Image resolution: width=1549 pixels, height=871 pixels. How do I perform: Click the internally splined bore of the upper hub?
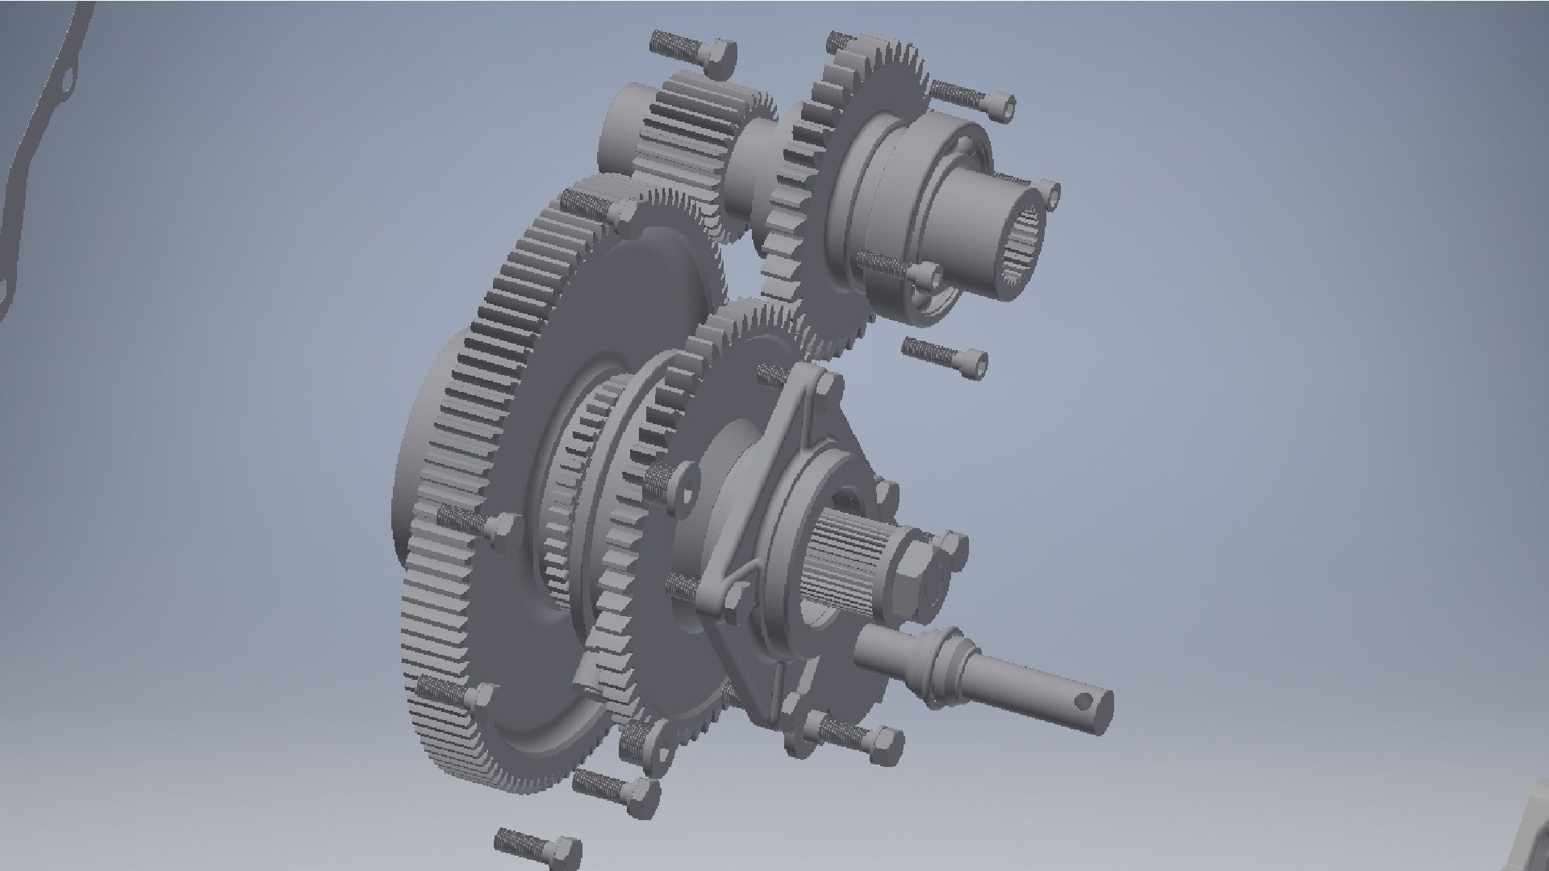pyautogui.click(x=1023, y=250)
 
